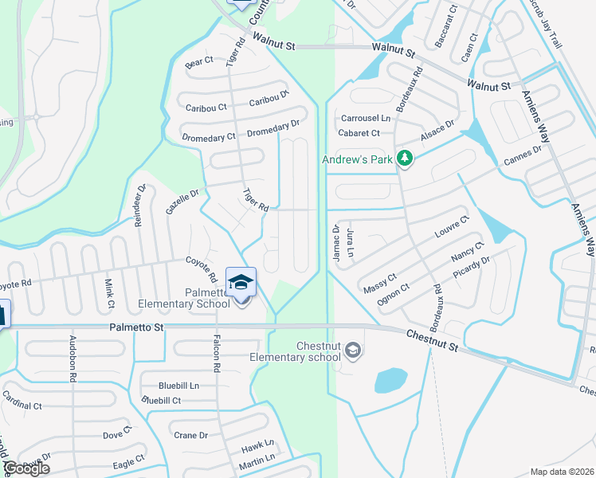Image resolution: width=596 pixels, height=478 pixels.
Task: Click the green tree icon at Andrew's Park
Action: coord(405,159)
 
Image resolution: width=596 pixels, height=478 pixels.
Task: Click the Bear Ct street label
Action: coord(199,61)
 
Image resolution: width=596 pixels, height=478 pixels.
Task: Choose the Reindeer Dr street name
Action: coord(139,206)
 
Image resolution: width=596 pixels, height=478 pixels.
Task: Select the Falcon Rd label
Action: coord(216,353)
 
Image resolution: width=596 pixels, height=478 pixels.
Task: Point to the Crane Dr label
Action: coord(191,436)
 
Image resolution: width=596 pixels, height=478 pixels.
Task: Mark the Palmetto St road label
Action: coord(136,327)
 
